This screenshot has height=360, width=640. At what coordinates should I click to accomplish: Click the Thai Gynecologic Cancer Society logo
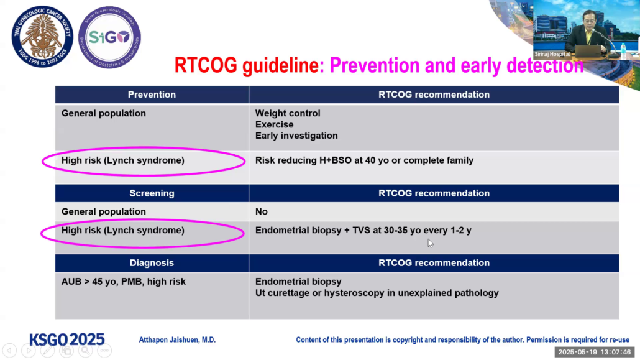click(x=42, y=37)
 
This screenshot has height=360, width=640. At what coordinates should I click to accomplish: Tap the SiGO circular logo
click(x=109, y=37)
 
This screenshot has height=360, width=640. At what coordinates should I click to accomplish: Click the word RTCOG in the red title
click(x=206, y=65)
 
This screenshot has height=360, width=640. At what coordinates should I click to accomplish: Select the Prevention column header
click(x=152, y=95)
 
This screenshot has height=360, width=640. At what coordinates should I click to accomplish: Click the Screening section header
click(x=152, y=193)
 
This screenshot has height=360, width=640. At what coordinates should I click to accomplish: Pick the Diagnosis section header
click(x=152, y=263)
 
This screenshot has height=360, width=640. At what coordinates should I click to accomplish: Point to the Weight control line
click(x=288, y=113)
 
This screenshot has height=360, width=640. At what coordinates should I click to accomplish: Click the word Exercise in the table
click(x=274, y=124)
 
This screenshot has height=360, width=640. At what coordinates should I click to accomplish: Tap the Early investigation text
click(x=296, y=136)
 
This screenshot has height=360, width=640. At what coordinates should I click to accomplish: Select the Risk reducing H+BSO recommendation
click(x=364, y=160)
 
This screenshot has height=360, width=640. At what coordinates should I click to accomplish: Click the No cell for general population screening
click(x=261, y=211)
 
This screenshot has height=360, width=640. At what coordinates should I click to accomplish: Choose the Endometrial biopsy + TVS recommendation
click(x=363, y=231)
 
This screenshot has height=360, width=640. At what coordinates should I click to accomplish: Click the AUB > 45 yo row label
click(x=123, y=282)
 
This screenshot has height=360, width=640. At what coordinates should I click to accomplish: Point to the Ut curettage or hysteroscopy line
click(x=377, y=293)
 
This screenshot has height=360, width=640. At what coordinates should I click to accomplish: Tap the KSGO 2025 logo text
click(x=67, y=339)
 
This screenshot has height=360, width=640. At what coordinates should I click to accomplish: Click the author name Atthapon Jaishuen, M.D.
click(x=177, y=340)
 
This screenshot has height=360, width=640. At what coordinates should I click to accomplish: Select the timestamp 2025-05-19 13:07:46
click(x=594, y=352)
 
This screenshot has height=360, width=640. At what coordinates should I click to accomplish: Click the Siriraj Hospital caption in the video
click(x=552, y=54)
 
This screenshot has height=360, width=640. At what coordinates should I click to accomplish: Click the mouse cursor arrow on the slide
click(x=431, y=243)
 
